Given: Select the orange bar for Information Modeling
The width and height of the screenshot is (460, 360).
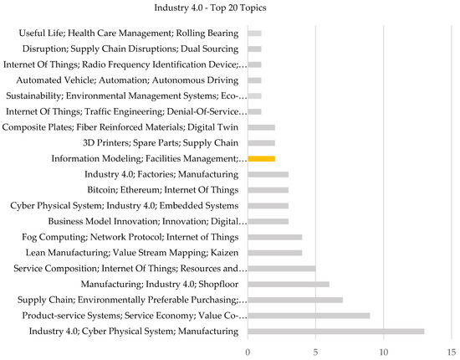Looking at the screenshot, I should pyautogui.click(x=262, y=158).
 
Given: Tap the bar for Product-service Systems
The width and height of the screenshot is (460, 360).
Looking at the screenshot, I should pyautogui.click(x=309, y=316).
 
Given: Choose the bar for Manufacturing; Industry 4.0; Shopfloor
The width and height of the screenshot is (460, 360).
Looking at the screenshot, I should pyautogui.click(x=289, y=284).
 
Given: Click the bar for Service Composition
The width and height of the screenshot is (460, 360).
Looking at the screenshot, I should pyautogui.click(x=282, y=268).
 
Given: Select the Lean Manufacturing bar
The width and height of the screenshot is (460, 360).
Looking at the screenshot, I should pyautogui.click(x=275, y=252).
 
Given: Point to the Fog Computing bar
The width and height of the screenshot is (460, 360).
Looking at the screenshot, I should pyautogui.click(x=275, y=237).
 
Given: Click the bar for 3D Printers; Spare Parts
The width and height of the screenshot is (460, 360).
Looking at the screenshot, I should pyautogui.click(x=262, y=142).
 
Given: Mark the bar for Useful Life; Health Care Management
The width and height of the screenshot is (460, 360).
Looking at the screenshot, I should pyautogui.click(x=255, y=33).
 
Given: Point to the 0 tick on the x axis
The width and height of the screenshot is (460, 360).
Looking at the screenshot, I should pyautogui.click(x=248, y=350).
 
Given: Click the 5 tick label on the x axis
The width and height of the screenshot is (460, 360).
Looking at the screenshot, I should pyautogui.click(x=316, y=350).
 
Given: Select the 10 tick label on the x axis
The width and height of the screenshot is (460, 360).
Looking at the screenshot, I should pyautogui.click(x=384, y=350).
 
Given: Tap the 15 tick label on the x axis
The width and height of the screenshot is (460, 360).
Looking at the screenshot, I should pyautogui.click(x=452, y=350).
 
